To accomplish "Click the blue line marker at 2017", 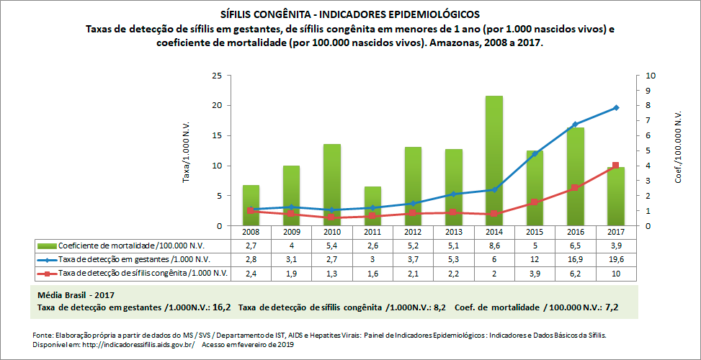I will (615, 107).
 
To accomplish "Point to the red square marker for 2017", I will (615, 166).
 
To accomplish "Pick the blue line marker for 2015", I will (535, 153).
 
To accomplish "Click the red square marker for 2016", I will (575, 188).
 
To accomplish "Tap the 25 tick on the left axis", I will (216, 76).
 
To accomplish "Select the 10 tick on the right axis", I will (651, 76).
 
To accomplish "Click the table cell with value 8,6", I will (494, 246).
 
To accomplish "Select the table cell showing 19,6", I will (615, 259).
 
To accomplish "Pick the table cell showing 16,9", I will (575, 259).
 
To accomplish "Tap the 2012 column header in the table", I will (413, 233).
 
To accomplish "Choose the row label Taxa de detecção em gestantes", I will (134, 259).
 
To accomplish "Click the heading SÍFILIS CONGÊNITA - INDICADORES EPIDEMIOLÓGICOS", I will (349, 14).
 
